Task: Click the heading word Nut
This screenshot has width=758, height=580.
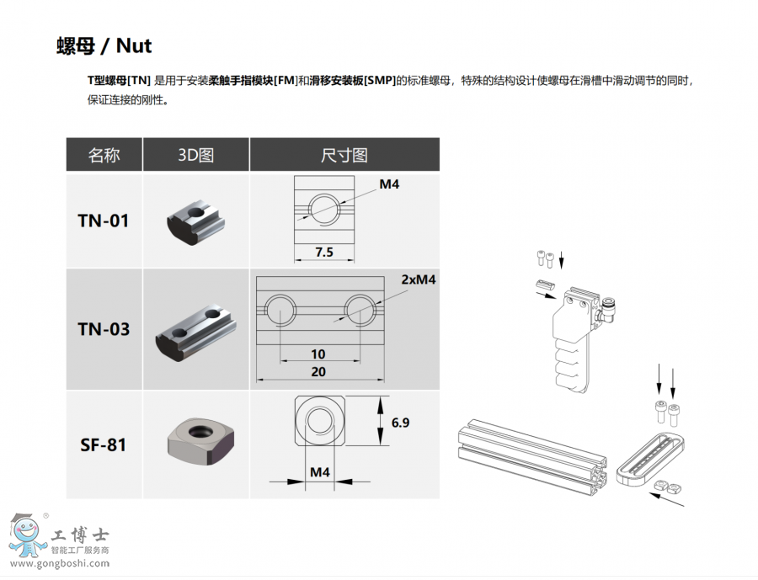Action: (x=134, y=46)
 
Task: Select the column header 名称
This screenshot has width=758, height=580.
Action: (x=104, y=155)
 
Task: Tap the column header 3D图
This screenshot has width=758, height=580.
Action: (x=195, y=155)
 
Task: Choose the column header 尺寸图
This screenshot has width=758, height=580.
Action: (x=344, y=155)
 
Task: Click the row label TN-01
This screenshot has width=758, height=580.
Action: (x=104, y=221)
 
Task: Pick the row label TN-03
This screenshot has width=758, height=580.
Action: (x=104, y=330)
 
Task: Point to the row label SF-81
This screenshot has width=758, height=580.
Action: (x=104, y=444)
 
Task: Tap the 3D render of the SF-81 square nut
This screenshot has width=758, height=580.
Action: (x=200, y=442)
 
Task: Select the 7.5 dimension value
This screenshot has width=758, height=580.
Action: (x=324, y=253)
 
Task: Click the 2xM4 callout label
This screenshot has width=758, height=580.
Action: (x=418, y=279)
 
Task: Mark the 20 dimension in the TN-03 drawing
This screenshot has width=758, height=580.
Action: (x=318, y=372)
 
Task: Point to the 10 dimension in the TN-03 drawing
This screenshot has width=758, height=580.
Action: (x=318, y=354)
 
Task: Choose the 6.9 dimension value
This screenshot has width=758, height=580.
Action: (x=400, y=423)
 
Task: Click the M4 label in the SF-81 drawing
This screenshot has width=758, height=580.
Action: (x=319, y=471)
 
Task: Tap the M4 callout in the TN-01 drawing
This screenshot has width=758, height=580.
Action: (x=389, y=184)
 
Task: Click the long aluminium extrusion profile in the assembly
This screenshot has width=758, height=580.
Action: (x=531, y=455)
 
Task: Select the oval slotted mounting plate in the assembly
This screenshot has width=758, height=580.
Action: (x=650, y=459)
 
